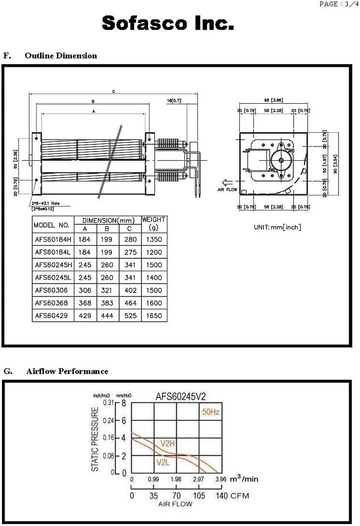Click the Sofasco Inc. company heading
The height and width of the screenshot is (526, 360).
[x=168, y=23]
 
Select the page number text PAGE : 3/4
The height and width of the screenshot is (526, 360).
[x=336, y=4]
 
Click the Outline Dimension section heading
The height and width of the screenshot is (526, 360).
[x=61, y=55]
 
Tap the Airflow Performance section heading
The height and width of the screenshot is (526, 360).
[x=67, y=371]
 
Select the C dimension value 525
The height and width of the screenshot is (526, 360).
[x=130, y=315]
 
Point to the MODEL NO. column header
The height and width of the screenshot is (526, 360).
[x=51, y=225]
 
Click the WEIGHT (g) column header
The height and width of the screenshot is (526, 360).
[x=154, y=223]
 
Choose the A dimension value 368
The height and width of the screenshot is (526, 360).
[x=85, y=303]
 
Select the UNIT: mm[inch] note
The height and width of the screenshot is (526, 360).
[x=277, y=227]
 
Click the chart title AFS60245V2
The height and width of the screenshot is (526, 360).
[x=178, y=397]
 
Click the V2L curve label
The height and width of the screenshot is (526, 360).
[x=163, y=462]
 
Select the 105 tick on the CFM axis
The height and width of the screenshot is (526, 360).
[x=199, y=496]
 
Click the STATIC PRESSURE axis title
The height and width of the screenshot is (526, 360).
[x=95, y=439]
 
